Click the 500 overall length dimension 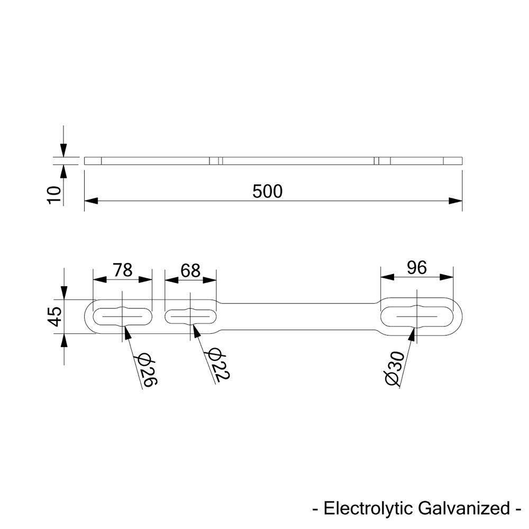click(268, 191)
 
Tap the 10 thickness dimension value click(54, 195)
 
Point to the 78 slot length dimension click(123, 270)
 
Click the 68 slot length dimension click(190, 270)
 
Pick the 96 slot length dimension click(417, 268)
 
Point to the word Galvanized click(462, 509)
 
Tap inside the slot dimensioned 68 click(177, 317)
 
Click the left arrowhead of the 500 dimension click(91, 200)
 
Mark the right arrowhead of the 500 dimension click(455, 200)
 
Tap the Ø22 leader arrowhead click(194, 331)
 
